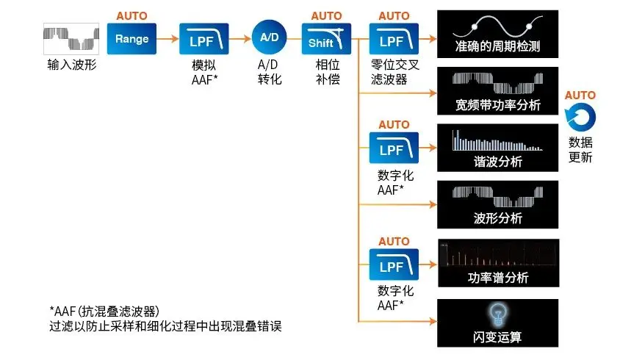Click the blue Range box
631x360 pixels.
point(131,39)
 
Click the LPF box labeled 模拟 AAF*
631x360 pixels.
point(203,39)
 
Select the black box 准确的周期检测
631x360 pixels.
point(497,34)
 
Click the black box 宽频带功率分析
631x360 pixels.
point(497,90)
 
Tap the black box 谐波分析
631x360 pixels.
point(497,147)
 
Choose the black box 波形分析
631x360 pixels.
point(497,204)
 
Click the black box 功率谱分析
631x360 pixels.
point(497,262)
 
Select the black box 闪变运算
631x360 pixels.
point(497,323)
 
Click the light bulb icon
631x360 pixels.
point(497,314)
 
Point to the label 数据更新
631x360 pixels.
point(580,150)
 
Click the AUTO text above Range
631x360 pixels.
point(131,15)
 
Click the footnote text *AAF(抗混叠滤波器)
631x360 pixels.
point(104,310)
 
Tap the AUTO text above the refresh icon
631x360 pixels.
point(580,96)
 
